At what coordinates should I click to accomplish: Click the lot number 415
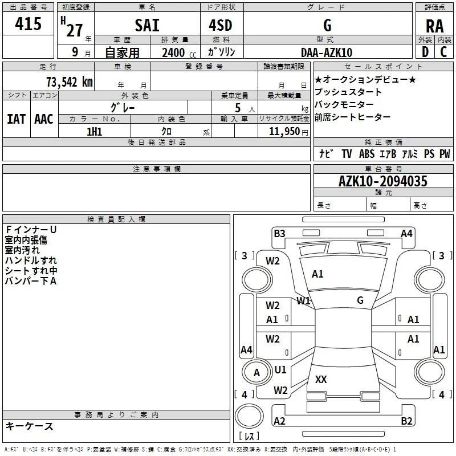(x=28, y=23)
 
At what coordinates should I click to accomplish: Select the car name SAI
(x=147, y=25)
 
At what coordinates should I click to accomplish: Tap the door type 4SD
(x=221, y=25)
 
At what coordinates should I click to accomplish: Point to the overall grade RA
(x=435, y=26)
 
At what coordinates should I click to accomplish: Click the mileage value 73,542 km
(x=70, y=82)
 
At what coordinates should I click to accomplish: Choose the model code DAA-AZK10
(x=327, y=52)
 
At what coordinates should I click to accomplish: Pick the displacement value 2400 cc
(x=179, y=52)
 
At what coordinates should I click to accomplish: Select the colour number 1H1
(x=94, y=132)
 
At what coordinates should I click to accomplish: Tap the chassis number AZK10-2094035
(x=382, y=181)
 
